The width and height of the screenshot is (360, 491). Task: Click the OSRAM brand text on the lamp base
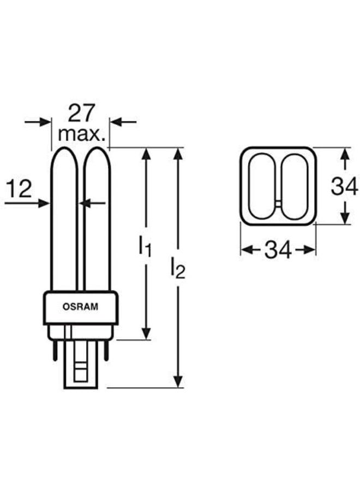(80, 307)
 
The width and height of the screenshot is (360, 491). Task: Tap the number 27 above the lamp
(81, 113)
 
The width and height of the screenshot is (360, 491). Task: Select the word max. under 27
(81, 134)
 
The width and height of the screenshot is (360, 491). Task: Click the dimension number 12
(19, 189)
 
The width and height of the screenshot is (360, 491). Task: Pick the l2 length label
(178, 267)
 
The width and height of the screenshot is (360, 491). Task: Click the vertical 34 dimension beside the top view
(344, 187)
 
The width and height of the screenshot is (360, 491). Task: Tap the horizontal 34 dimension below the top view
(278, 250)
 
